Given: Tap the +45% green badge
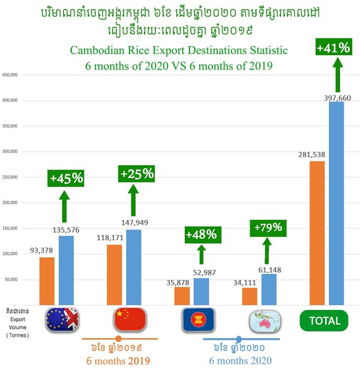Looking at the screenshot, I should pos(66,177).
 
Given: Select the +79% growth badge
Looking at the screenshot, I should pos(266,229).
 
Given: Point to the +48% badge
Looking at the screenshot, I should pos(200,234).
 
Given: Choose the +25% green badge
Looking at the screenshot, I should pos(137,174).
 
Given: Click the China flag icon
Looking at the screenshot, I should pos(130,319).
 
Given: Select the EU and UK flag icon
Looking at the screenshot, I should pos(64,319).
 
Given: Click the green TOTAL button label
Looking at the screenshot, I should pos(325,320).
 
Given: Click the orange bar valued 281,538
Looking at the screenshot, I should pos(316,233).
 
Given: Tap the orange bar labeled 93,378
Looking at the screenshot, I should pos(47,281).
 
